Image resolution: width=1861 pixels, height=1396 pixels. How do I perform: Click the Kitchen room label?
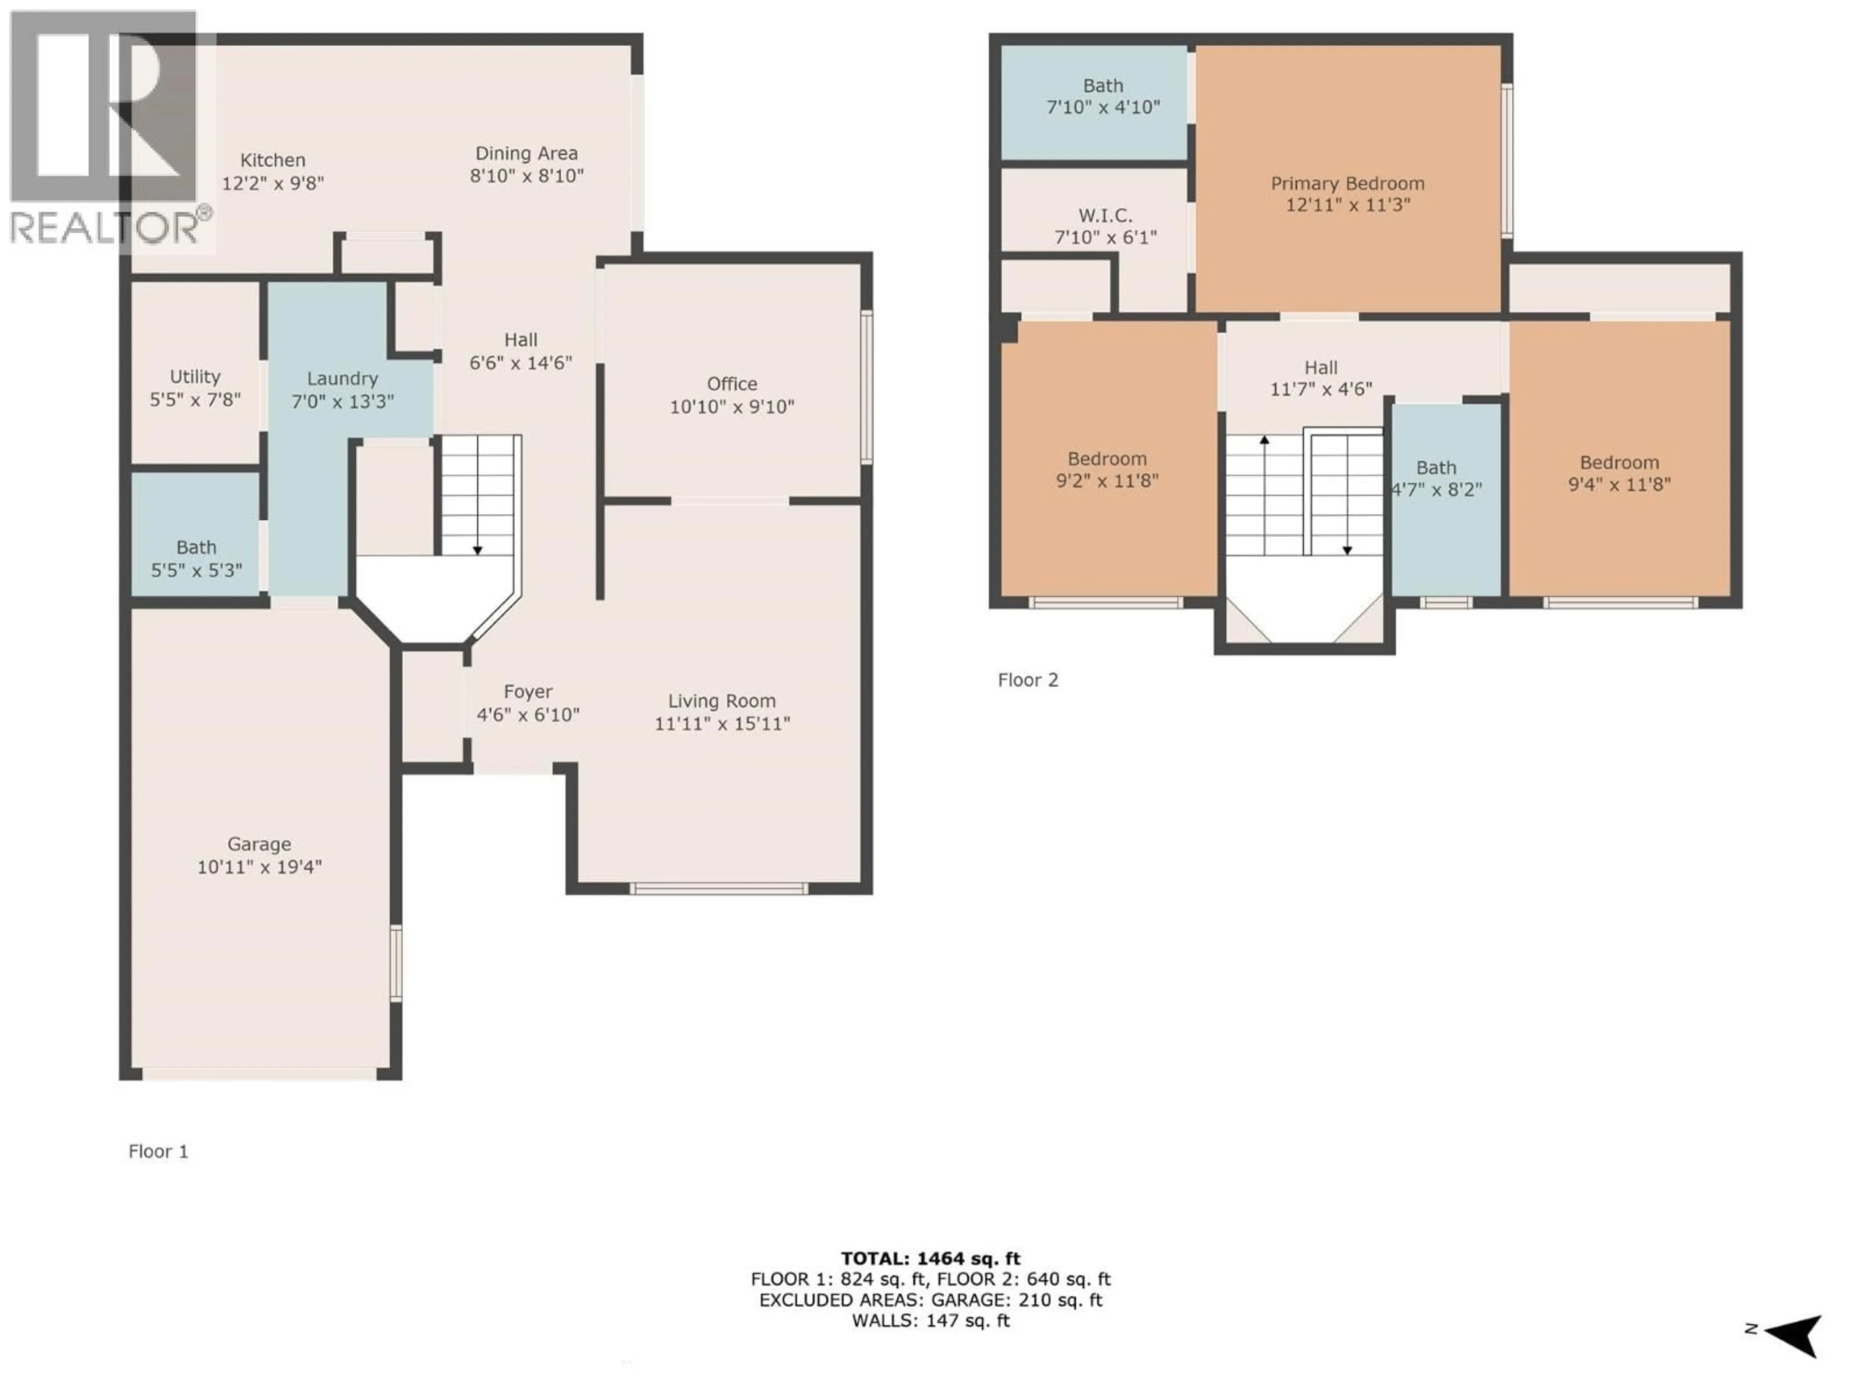click(272, 160)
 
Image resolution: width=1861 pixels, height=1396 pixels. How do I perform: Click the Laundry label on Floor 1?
click(343, 379)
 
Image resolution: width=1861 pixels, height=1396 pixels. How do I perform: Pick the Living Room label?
click(721, 701)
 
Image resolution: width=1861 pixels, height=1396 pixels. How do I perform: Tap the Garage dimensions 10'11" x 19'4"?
click(259, 867)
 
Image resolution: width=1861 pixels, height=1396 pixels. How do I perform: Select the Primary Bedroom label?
click(1347, 183)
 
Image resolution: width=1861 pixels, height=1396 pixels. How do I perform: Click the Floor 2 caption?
click(1027, 680)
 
